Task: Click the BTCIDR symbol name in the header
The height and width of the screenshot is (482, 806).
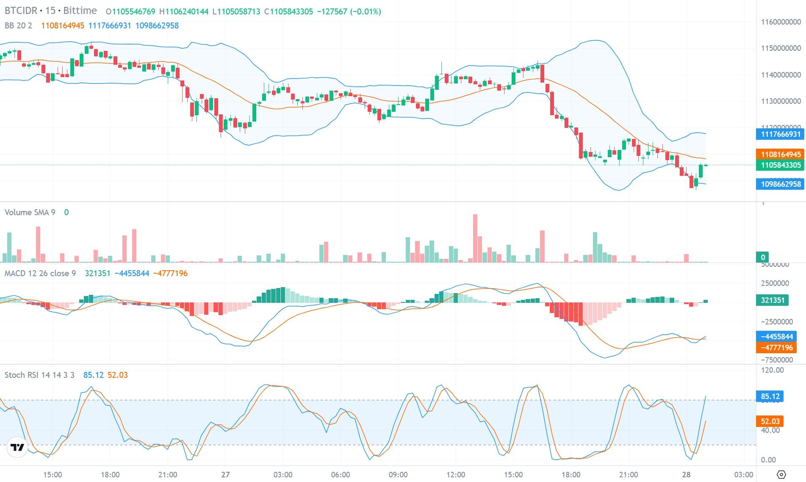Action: click(20, 11)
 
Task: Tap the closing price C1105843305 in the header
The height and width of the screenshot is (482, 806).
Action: click(288, 12)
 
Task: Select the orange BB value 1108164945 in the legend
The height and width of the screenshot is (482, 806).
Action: click(63, 25)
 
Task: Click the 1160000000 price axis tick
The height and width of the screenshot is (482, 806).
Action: click(781, 22)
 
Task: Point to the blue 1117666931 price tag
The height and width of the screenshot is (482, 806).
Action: click(780, 134)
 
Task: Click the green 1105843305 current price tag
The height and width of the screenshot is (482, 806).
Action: click(780, 165)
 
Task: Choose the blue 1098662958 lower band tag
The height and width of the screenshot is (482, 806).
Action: click(780, 184)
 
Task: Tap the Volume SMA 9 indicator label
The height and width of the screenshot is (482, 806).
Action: click(30, 212)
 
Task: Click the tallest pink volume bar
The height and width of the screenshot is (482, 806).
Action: click(475, 238)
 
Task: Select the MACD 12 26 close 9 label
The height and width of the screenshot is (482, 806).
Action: click(40, 273)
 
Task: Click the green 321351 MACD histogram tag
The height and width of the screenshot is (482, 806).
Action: click(773, 300)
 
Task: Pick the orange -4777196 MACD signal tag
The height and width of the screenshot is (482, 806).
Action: click(776, 348)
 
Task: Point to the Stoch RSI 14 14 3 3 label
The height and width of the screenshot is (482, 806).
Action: click(39, 375)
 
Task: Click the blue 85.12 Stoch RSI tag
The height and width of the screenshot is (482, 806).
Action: click(770, 396)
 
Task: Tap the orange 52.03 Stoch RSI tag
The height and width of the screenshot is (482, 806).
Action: click(770, 421)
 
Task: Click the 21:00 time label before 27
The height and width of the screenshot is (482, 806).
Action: click(168, 475)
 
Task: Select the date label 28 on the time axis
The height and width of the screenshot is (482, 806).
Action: click(686, 475)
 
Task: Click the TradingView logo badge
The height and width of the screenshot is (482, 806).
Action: click(17, 447)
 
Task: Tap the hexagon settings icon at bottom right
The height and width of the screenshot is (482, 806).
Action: click(782, 474)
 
